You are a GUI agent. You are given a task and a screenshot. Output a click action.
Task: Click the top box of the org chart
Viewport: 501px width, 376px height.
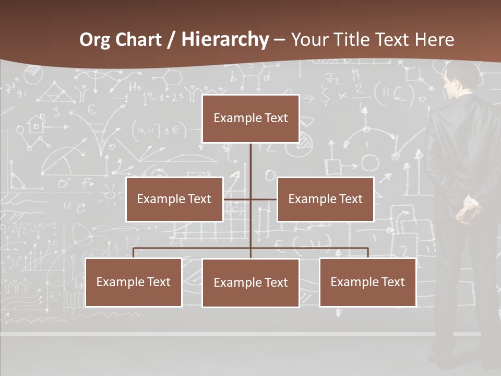point(250,119)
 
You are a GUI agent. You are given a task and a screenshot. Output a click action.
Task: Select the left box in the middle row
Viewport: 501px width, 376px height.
point(174,199)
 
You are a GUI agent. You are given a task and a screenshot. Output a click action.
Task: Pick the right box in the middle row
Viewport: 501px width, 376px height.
point(325,199)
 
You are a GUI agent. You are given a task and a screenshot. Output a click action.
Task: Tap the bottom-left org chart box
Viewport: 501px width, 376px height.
point(134,282)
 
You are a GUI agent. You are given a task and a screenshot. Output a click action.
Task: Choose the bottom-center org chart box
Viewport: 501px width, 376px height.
point(250,283)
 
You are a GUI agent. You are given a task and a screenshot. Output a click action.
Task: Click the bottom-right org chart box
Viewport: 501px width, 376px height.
point(367,282)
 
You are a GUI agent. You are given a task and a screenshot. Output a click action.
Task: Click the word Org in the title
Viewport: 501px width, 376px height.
point(94,40)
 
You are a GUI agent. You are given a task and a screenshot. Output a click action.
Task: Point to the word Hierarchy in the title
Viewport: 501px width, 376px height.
point(225,40)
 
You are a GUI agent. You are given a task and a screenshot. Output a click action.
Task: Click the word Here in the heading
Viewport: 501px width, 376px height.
point(434,40)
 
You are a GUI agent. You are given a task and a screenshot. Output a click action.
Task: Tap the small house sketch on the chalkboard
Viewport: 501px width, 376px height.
point(37,124)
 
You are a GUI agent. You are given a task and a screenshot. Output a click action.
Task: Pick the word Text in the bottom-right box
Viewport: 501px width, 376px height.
point(392,282)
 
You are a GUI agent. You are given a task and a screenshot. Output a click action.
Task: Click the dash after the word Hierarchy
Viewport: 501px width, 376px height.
point(280,40)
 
